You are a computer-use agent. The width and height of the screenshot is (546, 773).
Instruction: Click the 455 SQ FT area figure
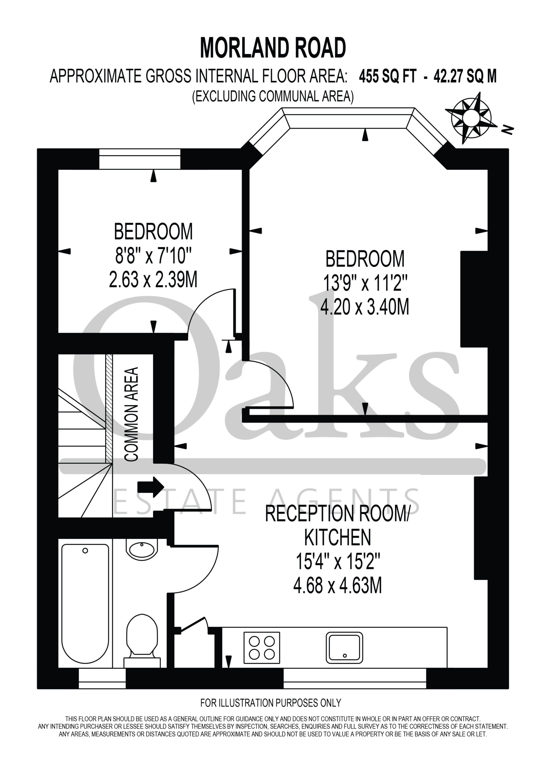coord(388,76)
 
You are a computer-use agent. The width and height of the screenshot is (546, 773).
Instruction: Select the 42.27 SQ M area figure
coord(465,76)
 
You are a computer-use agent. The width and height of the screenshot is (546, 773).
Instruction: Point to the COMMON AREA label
coord(131,414)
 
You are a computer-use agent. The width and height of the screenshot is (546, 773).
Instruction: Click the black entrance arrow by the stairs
coord(151,487)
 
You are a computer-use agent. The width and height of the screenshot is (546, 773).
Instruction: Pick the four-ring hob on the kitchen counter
coord(262,647)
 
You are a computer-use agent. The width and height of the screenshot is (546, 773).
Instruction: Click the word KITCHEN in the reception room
coord(338,537)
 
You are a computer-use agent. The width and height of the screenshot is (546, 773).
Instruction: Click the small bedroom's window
coord(140,159)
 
